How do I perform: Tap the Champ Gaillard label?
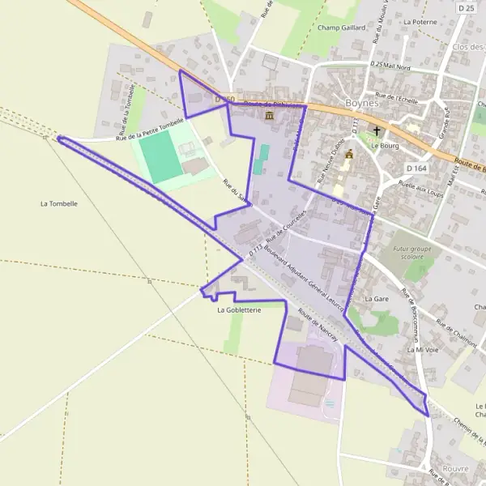[343, 28]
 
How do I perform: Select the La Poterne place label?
[419, 22]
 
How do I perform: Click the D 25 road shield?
[465, 8]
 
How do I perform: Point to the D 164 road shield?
[416, 168]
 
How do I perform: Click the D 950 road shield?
[224, 100]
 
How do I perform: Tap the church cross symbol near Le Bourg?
[377, 130]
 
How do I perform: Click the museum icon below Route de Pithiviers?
[269, 117]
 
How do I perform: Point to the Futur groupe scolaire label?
[408, 253]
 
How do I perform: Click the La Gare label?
[377, 299]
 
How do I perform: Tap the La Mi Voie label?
[422, 349]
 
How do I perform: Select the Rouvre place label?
[456, 468]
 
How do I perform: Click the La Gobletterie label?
[239, 310]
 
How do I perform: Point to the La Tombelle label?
[58, 204]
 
